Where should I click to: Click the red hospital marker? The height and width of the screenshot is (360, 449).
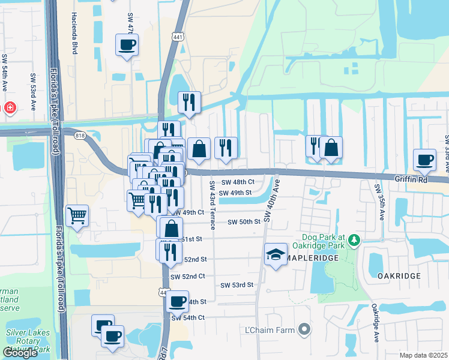click(10, 108)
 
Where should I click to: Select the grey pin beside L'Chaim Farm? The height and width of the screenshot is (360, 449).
click(305, 329)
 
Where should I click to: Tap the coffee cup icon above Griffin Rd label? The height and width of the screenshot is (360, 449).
click(424, 160)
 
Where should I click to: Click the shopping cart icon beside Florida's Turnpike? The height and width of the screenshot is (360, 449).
click(77, 215)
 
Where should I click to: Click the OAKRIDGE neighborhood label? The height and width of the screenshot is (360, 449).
click(397, 275)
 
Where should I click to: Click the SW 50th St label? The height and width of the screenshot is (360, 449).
click(244, 222)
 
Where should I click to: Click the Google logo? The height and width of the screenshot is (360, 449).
click(20, 353)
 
